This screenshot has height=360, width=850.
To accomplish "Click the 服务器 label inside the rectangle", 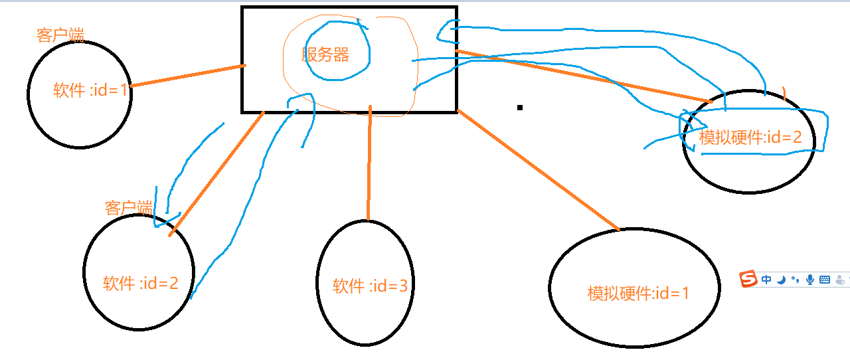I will point(325,54).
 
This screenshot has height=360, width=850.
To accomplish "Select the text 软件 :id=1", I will point(90,90).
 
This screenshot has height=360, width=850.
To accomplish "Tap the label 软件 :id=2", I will point(141,284).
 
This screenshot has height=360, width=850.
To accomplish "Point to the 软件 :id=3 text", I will point(371,286).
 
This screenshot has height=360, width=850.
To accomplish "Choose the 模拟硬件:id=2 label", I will point(750,137).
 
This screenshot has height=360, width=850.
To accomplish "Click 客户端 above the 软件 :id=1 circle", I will point(60,35).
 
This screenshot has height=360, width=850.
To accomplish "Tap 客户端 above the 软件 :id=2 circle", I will point(128,207).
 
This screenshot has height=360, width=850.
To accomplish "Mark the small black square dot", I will point(520,107).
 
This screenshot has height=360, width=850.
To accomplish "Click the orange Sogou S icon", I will point(748,280).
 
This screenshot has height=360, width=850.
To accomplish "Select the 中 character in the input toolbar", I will point(766,280).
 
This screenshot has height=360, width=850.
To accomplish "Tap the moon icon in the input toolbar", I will point(781,280).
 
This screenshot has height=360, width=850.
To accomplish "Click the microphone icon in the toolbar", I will point(809,280).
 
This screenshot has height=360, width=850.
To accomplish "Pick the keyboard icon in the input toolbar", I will point(825,280).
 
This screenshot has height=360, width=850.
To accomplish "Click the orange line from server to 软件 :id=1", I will point(188,76).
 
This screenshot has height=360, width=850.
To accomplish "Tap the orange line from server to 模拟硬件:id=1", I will point(538,171).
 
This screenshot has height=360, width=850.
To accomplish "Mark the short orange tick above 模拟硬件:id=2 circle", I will point(784,94).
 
